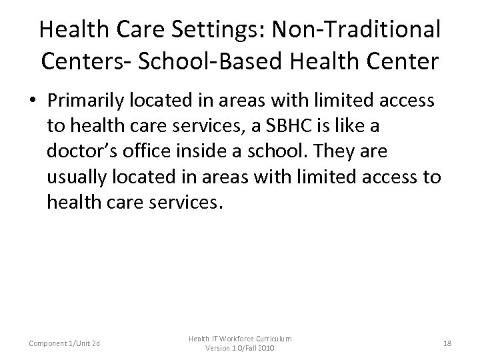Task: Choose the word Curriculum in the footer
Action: click(x=272, y=339)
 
